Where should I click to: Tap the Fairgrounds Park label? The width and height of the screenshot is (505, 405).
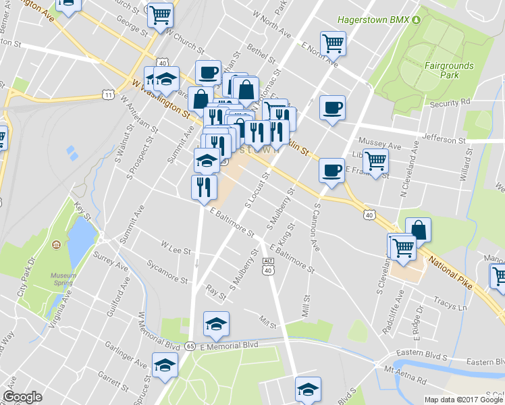(x=449, y=70)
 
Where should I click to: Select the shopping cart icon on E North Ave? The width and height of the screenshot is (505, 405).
(x=334, y=44)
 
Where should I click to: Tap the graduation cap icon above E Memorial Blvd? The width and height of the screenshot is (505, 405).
(x=216, y=324)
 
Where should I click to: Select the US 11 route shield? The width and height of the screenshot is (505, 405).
(x=108, y=94)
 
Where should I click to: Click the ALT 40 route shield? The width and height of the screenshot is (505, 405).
(x=269, y=266)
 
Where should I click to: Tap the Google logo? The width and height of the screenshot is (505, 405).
(x=22, y=397)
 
